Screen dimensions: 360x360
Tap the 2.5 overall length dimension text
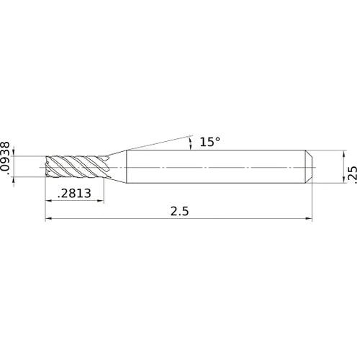pos(180,212)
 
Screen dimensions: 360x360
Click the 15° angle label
pos(209,143)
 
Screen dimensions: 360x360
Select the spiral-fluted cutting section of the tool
pos(75,167)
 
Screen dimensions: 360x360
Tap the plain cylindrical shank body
pos(216,167)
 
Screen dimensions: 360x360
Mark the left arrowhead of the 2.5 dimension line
pos(50,219)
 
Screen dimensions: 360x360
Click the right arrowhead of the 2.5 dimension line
pos(309,219)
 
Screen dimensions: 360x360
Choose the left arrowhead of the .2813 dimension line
pos(50,201)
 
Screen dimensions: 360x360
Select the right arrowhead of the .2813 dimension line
pos(100,201)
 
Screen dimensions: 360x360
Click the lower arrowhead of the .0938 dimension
pos(21,179)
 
